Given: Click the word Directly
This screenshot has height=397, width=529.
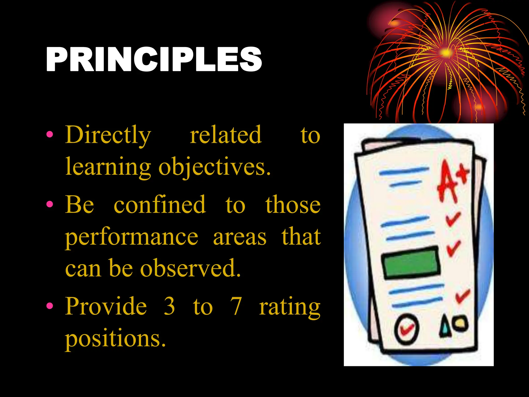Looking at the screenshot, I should (108, 135).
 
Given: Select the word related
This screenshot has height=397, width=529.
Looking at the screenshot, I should (226, 135).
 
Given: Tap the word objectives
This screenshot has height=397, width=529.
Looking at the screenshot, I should (214, 167).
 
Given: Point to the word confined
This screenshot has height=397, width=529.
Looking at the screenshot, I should (160, 205).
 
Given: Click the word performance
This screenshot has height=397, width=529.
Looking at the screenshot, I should (131, 237).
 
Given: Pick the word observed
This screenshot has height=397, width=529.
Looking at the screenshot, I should (190, 268).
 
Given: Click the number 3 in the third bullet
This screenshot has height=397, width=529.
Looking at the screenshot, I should (169, 306).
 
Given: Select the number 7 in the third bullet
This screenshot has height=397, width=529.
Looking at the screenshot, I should (236, 306).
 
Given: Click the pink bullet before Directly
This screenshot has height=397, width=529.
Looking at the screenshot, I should (50, 134).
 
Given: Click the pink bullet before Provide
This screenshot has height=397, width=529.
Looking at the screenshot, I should (50, 306).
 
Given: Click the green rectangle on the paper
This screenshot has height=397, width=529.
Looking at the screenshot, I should (411, 262).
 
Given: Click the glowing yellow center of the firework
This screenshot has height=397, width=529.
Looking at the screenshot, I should (446, 52).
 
